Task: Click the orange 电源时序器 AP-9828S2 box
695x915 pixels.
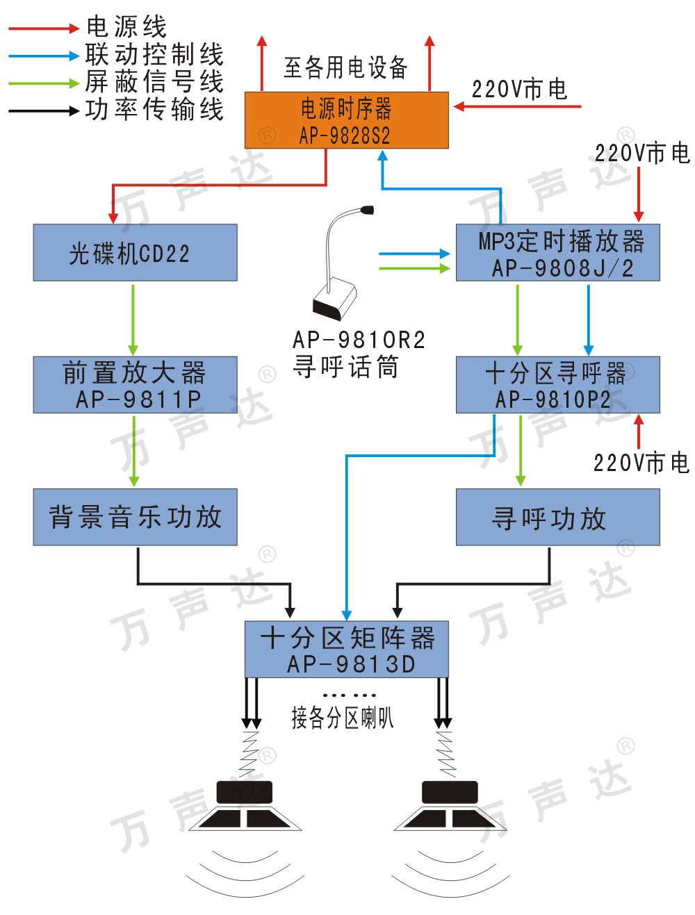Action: pos(346,120)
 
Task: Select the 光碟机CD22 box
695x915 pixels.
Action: pos(135,252)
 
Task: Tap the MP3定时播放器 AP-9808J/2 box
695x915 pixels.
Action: pos(557,253)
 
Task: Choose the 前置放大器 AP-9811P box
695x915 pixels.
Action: pos(135,385)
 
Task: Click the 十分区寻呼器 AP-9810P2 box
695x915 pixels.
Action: pos(557,385)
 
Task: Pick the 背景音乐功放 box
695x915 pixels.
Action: pos(135,517)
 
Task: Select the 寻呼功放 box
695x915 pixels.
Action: pos(557,517)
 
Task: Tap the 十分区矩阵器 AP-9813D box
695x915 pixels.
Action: pos(346,650)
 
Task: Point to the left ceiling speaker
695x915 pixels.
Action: pos(243,806)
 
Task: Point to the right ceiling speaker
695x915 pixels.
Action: pos(450,806)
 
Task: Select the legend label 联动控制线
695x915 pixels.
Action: pos(154,55)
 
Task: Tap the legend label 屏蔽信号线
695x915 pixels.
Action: pos(154,82)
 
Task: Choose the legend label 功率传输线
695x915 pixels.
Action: pos(154,110)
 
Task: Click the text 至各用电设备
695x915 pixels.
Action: pos(345,67)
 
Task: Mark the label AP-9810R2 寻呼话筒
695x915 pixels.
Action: pos(358,353)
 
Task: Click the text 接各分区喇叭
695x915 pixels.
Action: pos(342,718)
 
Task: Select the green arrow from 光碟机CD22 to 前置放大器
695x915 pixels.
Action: pos(133,319)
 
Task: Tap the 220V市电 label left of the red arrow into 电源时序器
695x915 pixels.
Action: pos(519,89)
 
